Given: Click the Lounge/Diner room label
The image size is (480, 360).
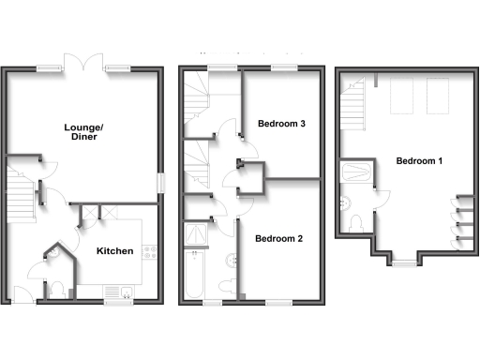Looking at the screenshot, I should coord(82,131).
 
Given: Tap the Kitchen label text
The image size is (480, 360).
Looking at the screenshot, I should coord(115,251).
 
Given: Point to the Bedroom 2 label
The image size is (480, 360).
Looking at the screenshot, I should coord(278,238).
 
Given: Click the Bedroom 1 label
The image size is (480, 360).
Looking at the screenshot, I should coord(419,161).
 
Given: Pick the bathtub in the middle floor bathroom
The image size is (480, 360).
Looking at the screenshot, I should coord(194,275).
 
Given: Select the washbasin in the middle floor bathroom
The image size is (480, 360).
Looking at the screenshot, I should coord(231,259).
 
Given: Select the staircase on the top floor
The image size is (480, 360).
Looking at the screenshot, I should coord(352,103).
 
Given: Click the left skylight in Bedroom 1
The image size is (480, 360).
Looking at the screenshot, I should coord(400,94).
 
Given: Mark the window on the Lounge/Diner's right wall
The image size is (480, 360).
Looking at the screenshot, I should coord(159,183).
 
